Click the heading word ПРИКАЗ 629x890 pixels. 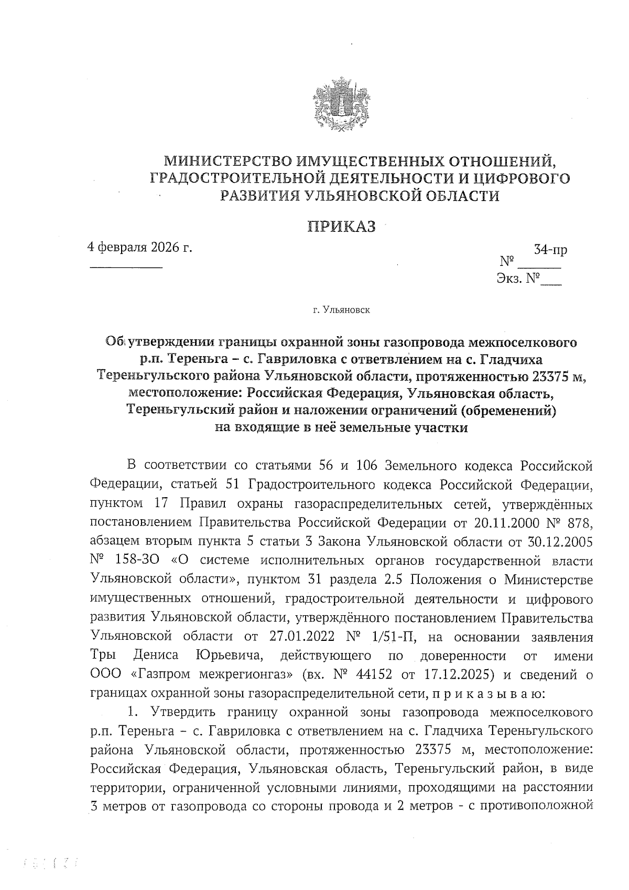point(341,227)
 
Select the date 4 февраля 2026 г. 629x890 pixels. point(140,247)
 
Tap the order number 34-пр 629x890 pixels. point(550,250)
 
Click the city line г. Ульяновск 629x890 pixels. point(341,310)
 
